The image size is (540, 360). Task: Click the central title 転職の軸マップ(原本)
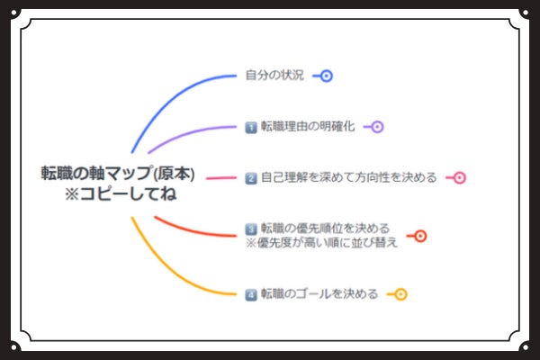click(x=118, y=173)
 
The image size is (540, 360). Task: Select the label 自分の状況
click(x=274, y=75)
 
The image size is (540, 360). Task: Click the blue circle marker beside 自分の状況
click(x=327, y=76)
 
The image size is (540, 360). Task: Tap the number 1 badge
click(x=251, y=127)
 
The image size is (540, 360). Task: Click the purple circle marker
click(x=377, y=127)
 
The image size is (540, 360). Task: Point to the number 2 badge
click(x=251, y=177)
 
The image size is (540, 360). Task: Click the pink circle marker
click(x=459, y=177)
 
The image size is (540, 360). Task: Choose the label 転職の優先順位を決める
click(x=325, y=228)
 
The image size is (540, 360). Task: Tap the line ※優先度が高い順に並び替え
click(x=321, y=242)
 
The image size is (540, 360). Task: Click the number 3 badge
click(x=251, y=228)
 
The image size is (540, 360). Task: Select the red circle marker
click(x=419, y=236)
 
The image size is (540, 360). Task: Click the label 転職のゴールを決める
click(x=319, y=294)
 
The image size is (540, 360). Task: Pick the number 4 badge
click(x=251, y=294)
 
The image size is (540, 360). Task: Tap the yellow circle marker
click(x=400, y=294)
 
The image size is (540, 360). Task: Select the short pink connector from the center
click(x=220, y=178)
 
